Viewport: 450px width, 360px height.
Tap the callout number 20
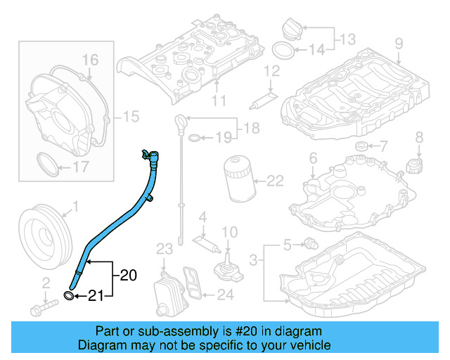click(128, 274)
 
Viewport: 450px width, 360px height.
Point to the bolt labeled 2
click(43, 307)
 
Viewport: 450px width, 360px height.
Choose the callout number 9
click(399, 44)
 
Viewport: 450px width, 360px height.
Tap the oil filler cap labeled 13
click(292, 28)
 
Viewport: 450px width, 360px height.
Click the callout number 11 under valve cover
click(219, 101)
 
